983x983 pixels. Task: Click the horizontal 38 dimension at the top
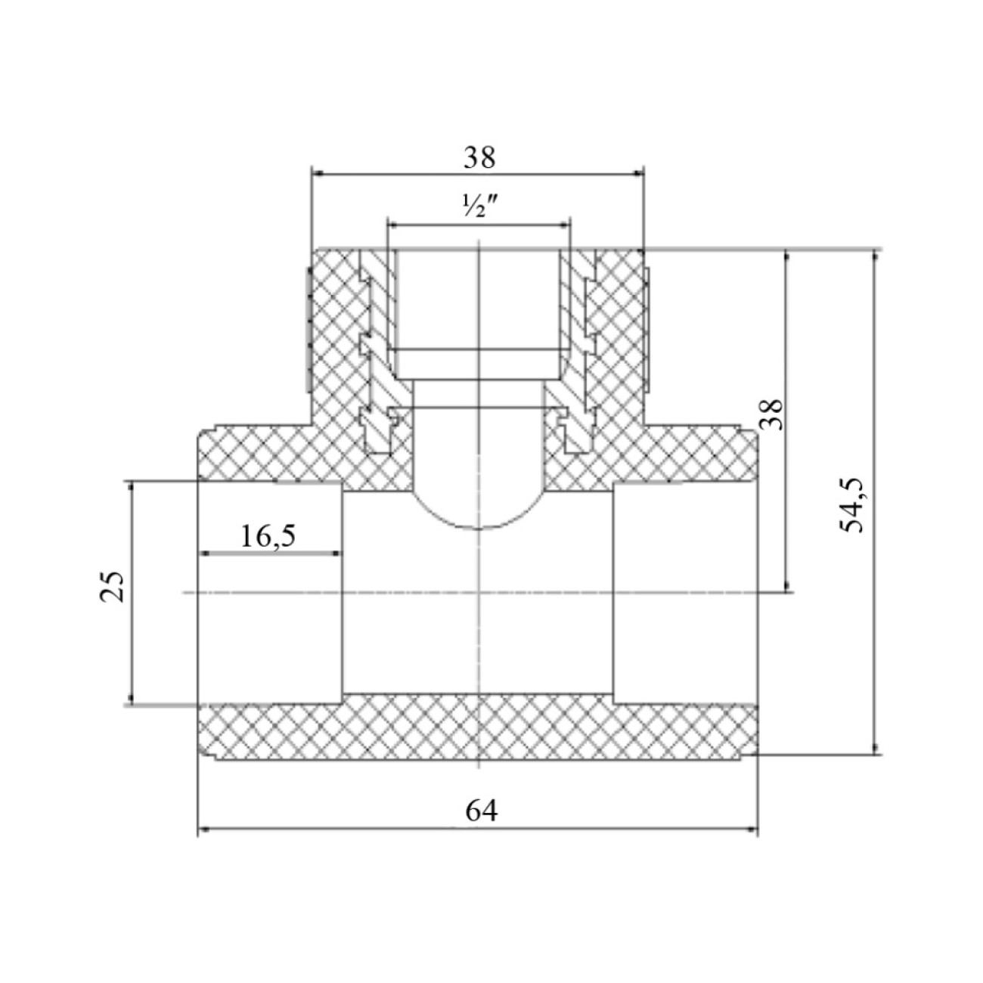[479, 158]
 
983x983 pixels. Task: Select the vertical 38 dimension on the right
[774, 414]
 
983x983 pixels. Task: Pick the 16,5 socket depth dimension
[268, 536]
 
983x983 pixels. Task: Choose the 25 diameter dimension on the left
[112, 586]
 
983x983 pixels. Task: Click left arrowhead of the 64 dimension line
[204, 830]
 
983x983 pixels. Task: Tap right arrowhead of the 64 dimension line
[752, 830]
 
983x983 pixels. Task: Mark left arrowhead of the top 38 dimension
[318, 174]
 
